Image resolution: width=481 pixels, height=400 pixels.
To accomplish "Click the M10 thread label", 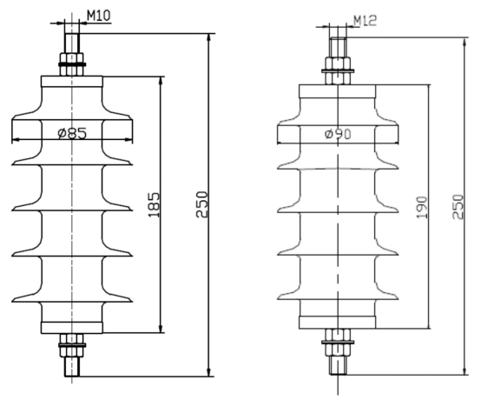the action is coord(99,16).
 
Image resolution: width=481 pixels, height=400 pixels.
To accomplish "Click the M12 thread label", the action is coord(365,21).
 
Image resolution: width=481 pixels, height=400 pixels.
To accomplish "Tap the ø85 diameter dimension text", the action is coord(72,133).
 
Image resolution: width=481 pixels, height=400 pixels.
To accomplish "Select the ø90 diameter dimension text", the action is coord(338,134).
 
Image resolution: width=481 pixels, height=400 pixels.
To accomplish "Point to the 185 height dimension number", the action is coord(155,205).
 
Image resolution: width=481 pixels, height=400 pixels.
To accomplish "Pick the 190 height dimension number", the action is coord(422,207).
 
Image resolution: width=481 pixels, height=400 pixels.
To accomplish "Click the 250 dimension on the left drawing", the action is coord(202,204).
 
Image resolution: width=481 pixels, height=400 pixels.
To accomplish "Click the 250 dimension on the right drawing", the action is coord(458,206).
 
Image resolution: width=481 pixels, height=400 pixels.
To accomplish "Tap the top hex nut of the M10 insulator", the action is coord(72,64).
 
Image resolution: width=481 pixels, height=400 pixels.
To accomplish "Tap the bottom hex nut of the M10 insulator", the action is coord(72,345).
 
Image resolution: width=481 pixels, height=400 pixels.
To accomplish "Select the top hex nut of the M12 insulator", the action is coord(338,70).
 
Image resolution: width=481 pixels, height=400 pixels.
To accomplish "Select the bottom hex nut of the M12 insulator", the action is coord(338,343).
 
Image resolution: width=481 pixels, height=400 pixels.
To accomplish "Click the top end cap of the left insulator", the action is coord(72,82).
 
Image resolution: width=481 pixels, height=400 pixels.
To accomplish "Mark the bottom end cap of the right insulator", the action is coord(337,323).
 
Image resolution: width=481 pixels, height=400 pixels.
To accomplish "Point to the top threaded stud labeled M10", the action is coord(72,43).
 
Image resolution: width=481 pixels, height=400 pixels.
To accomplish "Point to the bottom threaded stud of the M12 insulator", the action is coord(338,365).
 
